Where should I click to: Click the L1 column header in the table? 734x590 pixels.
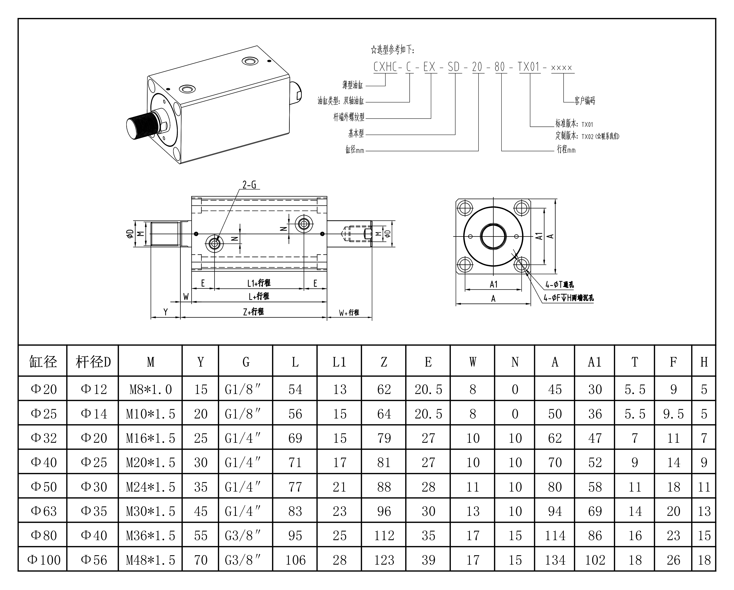coord(339,362)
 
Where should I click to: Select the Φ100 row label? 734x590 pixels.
coord(43,560)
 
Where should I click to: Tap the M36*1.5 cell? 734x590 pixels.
coord(151,535)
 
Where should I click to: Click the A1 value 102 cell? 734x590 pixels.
coord(595,560)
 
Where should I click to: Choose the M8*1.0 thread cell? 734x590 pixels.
coord(151,389)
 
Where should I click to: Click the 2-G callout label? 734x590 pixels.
coord(249,185)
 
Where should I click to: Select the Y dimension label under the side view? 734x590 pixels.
coord(166,312)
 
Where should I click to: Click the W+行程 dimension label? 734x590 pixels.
coord(349,312)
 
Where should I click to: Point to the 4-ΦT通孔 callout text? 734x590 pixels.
coord(559,285)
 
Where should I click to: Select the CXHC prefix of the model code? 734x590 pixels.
coord(385,67)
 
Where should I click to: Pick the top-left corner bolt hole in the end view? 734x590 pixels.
coord(465,208)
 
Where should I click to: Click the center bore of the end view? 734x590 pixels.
coord(493,236)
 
